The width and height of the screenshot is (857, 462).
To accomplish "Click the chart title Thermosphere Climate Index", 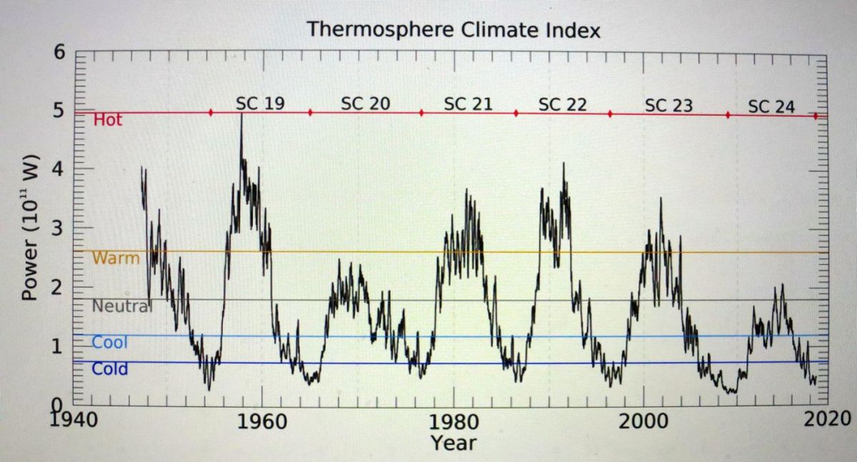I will click(x=453, y=31).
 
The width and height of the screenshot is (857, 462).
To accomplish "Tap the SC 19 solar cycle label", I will click(x=260, y=104).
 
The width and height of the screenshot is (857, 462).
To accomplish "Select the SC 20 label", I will click(x=366, y=104).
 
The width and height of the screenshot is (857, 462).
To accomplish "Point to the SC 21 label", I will click(x=468, y=104).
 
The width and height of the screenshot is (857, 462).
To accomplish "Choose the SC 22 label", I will click(x=563, y=105).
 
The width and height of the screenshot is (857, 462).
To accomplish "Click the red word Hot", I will click(x=108, y=120).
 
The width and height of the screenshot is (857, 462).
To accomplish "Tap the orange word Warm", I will click(x=116, y=258).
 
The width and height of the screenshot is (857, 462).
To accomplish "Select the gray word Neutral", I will click(x=121, y=306).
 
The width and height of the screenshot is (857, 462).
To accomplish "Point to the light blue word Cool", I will click(x=109, y=343).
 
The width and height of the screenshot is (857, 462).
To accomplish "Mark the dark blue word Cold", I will click(x=110, y=369).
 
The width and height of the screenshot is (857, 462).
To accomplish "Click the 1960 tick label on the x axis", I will click(x=262, y=419).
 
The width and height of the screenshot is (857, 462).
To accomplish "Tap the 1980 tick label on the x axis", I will click(x=453, y=419).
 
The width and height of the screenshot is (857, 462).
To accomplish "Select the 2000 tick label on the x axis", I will click(x=644, y=419).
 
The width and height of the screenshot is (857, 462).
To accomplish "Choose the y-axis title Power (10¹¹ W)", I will click(x=30, y=227).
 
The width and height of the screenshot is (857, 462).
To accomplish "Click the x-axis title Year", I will click(x=453, y=443).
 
